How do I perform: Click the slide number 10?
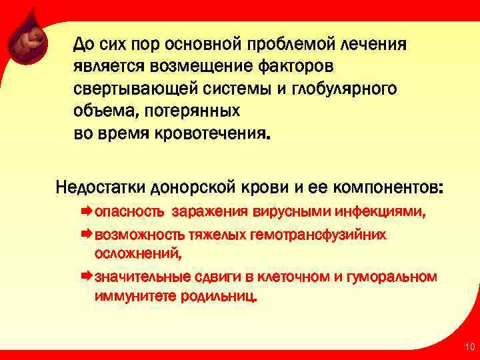[469, 347]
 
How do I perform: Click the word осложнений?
[137, 254]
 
